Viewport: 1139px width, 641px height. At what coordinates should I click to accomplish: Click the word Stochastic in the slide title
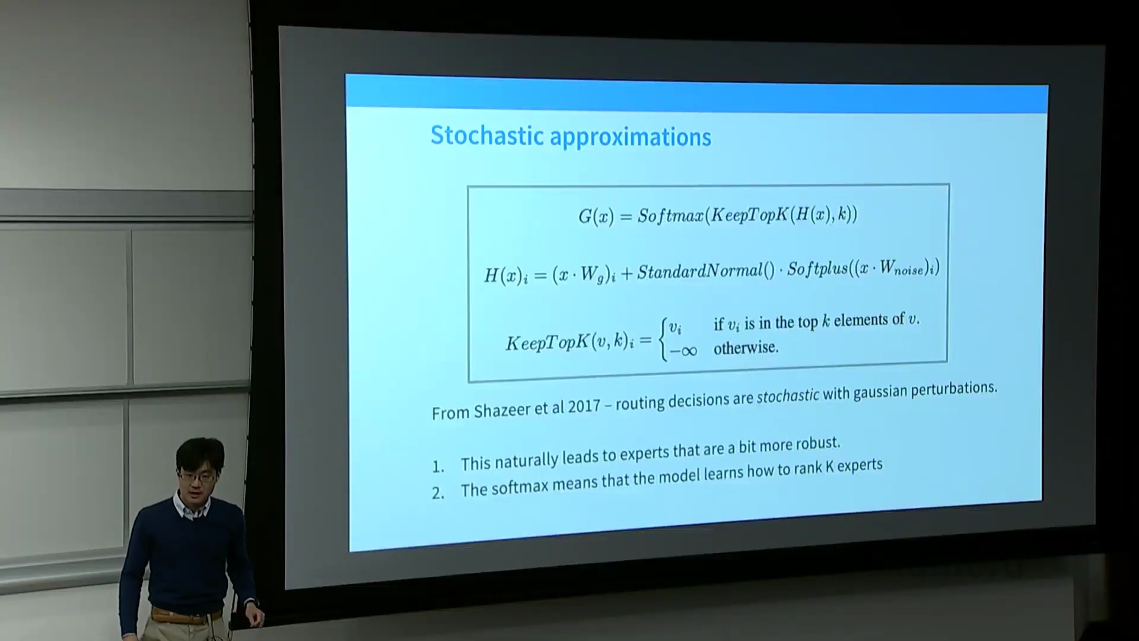coord(486,135)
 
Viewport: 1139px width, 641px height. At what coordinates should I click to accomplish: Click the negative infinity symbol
coord(683,351)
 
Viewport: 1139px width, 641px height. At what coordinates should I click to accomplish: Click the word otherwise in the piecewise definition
coord(746,348)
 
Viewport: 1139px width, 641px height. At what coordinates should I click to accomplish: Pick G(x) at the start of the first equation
coord(596,216)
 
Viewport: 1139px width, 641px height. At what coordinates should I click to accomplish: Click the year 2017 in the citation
coord(584,406)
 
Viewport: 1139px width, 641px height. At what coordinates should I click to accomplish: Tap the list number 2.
coord(438,493)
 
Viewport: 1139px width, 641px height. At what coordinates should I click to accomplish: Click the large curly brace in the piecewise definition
coord(663,338)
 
